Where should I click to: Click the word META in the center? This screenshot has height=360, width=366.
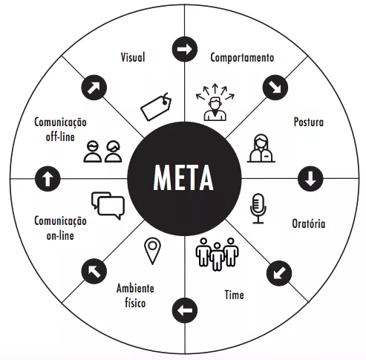183,177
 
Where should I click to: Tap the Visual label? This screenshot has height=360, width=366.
133,57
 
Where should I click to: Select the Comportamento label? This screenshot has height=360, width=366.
242,58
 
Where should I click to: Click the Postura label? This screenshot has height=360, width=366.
309,122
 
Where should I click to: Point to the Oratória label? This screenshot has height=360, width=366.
309,223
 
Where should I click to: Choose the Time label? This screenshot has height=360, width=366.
234,295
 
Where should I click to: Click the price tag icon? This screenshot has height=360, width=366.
156,107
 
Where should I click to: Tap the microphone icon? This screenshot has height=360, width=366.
258,209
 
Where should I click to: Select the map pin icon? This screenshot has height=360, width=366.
152,251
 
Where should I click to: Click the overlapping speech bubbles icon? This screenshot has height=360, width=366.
108,206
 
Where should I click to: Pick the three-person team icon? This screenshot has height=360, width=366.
217,254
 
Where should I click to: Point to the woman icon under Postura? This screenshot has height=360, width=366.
261,148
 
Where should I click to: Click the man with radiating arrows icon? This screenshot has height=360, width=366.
215,102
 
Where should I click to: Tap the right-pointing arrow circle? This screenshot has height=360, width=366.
185,49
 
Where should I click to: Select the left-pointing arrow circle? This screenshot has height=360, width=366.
185,310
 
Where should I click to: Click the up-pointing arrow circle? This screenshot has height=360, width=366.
48,179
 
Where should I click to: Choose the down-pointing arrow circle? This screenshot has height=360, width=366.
310,179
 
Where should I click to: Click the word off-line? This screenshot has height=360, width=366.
60,137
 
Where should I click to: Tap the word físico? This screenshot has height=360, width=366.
135,303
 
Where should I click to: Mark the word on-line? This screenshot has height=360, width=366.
60,235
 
